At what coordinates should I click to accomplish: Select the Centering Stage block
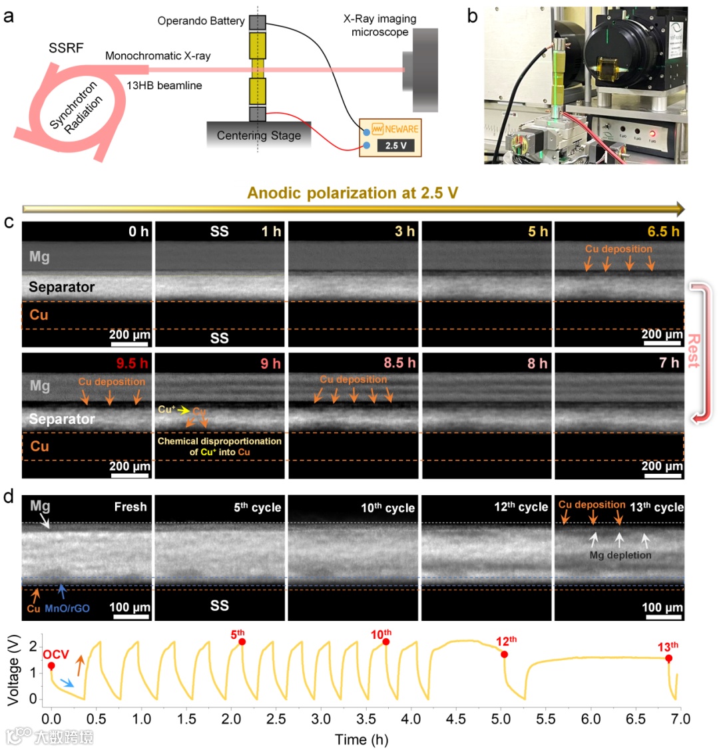[258, 136]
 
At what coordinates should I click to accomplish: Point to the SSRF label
[66, 49]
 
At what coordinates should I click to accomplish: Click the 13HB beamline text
[164, 85]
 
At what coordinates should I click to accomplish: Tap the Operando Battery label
[200, 21]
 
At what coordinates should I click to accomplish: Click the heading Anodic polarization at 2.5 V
[352, 193]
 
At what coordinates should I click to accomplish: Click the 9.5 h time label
[132, 363]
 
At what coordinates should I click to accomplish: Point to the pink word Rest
[694, 350]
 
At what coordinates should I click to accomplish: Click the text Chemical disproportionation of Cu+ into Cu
[219, 447]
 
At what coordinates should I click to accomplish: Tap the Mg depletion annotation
[620, 554]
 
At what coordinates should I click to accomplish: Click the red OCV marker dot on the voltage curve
[51, 666]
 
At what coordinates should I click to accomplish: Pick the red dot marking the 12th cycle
[505, 654]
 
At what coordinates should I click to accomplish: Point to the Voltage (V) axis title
[13, 668]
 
